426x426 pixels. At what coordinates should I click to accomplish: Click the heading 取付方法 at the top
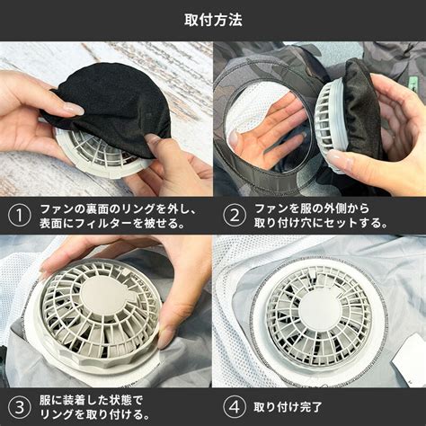coord(213,21)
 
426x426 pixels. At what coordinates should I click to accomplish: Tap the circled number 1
coord(20,216)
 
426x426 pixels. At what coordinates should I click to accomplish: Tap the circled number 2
coord(235,216)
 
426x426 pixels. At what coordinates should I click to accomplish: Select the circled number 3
coord(20,407)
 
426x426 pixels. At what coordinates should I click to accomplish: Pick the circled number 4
coord(235,407)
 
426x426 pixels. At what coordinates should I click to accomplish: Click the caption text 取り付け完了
coord(288,407)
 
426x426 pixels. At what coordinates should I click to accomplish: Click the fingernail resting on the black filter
coord(75,109)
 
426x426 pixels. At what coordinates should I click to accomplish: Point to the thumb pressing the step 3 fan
coord(169,326)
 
